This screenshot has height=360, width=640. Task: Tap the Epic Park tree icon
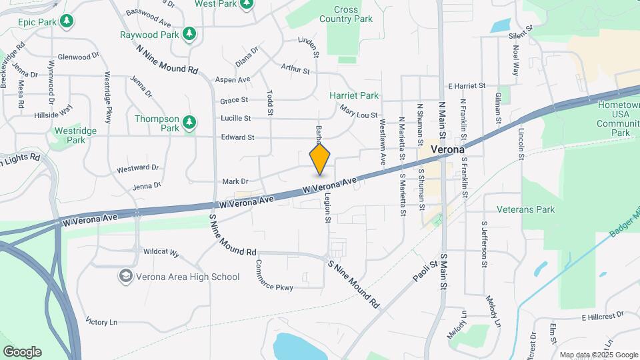click(66, 22)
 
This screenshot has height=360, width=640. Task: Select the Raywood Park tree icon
click(190, 33)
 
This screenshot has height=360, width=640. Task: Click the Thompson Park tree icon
click(190, 122)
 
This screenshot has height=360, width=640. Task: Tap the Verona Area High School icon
click(125, 276)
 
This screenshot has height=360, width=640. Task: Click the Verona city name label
click(447, 149)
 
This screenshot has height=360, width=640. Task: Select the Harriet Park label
click(354, 96)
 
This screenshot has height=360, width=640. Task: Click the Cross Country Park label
click(353, 14)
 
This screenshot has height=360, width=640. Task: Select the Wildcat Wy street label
click(161, 253)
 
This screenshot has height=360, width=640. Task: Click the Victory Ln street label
click(101, 322)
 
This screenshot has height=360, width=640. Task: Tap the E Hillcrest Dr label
click(602, 315)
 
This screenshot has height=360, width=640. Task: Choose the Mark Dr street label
click(235, 181)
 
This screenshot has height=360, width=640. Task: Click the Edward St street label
click(237, 137)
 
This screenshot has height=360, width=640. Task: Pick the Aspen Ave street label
click(232, 79)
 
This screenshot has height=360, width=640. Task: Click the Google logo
click(22, 352)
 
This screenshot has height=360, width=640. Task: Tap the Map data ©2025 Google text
click(598, 355)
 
